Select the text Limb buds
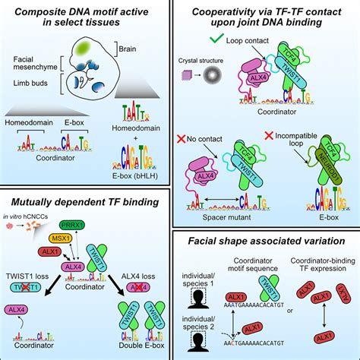pos(33,103)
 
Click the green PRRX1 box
pos(92,225)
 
